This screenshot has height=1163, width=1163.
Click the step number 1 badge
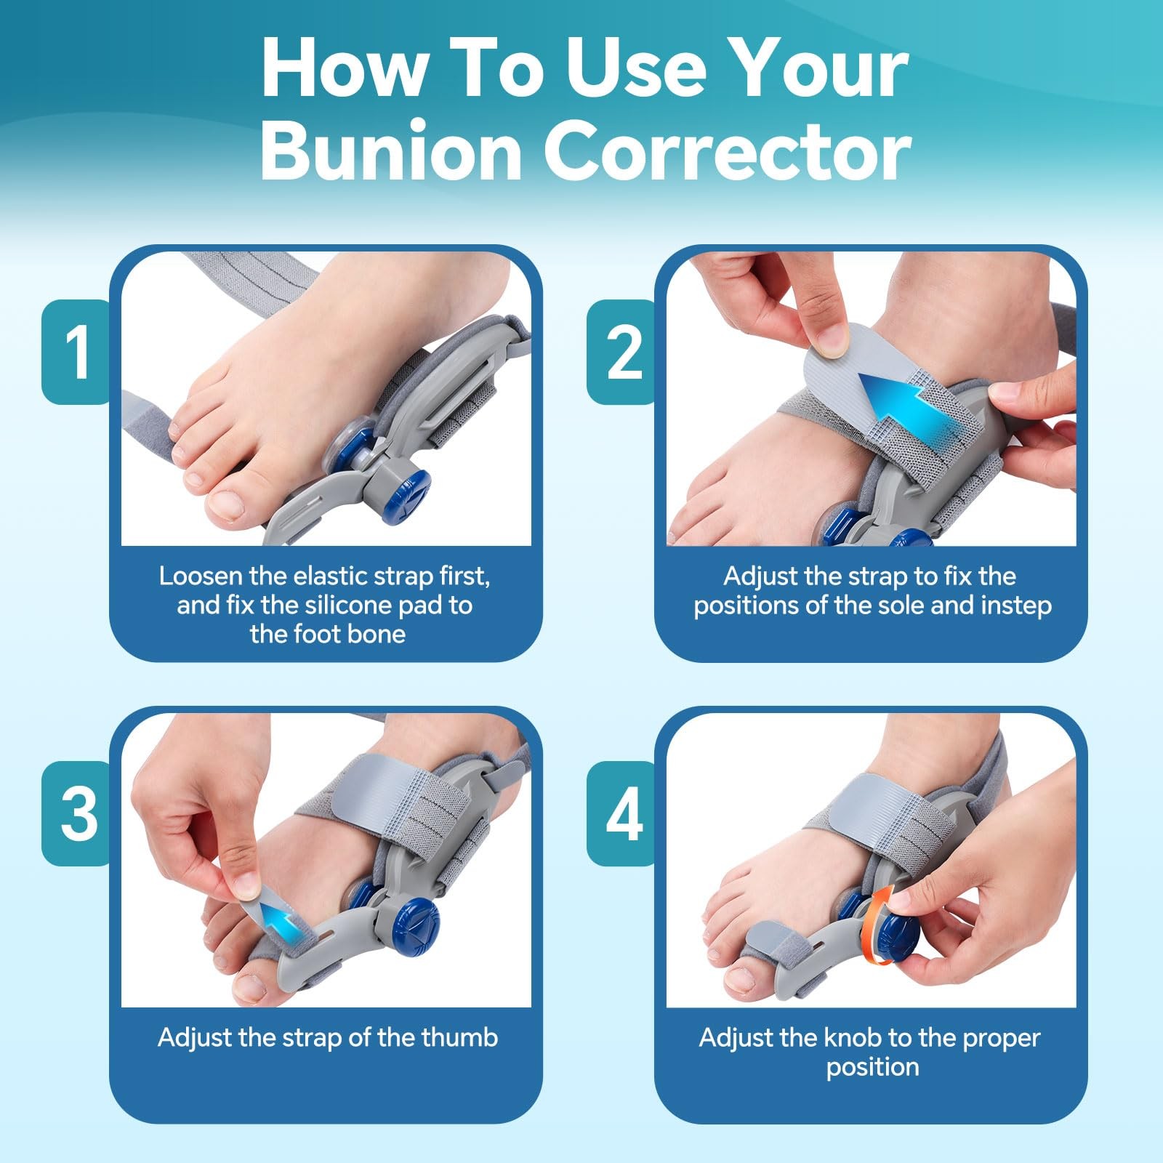[x=76, y=352]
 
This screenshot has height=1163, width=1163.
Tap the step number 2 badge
[x=622, y=352]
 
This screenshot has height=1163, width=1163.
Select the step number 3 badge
[x=76, y=813]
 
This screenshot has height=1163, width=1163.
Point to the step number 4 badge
[x=622, y=813]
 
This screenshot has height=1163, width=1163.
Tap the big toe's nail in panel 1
[x=228, y=506]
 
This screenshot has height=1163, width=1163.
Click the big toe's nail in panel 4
[x=744, y=980]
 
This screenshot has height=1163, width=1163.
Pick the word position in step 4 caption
[x=872, y=1067]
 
